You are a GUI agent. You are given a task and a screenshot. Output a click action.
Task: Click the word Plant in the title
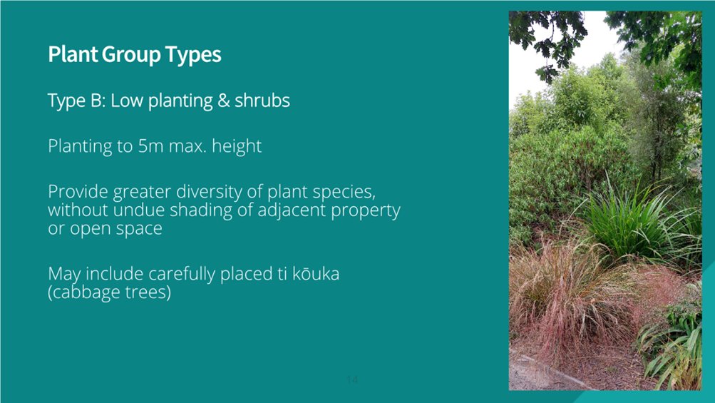pyautogui.click(x=73, y=54)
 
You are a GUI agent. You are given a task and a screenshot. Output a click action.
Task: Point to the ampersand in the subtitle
pyautogui.click(x=223, y=101)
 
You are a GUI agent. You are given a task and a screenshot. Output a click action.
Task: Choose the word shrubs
pyautogui.click(x=262, y=101)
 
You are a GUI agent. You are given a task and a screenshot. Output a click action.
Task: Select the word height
pyautogui.click(x=237, y=146)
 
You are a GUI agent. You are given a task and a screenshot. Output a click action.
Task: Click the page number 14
pyautogui.click(x=352, y=379)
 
